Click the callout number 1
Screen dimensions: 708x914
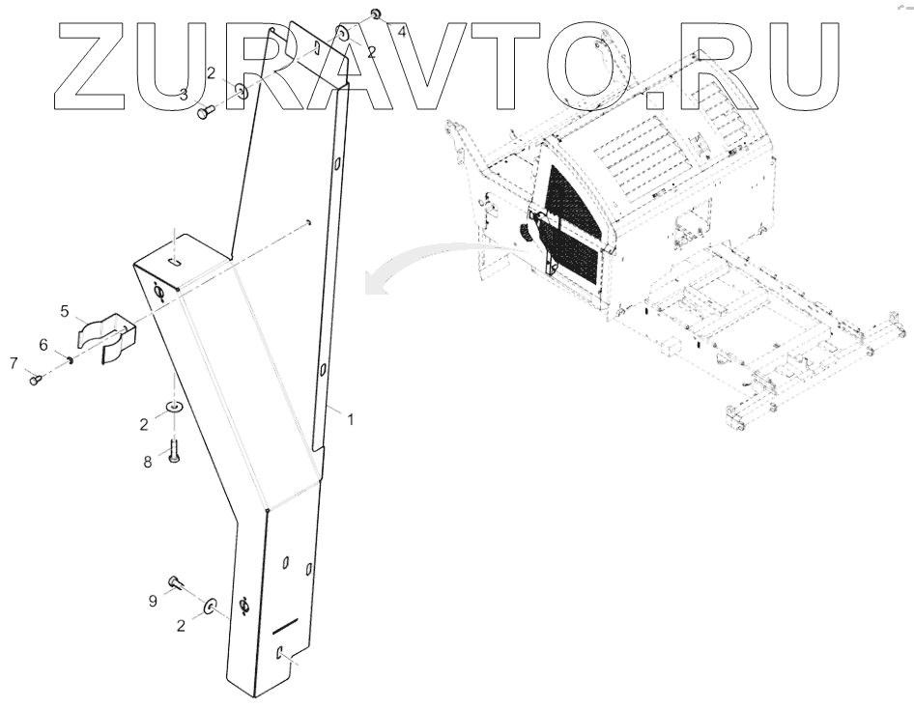pyautogui.click(x=351, y=419)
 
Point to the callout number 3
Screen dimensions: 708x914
pyautogui.click(x=185, y=94)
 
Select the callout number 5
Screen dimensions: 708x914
pyautogui.click(x=65, y=311)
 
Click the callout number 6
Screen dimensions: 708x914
pyautogui.click(x=43, y=345)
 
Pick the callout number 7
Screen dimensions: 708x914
pyautogui.click(x=14, y=362)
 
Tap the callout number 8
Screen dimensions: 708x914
pyautogui.click(x=148, y=462)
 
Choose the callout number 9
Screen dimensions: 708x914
pyautogui.click(x=153, y=601)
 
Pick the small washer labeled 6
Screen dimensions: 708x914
pyautogui.click(x=71, y=359)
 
